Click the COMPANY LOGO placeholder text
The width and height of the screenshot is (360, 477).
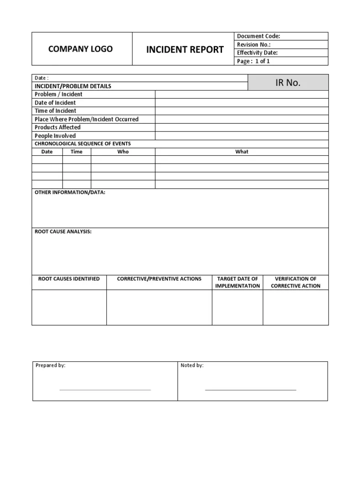click(x=80, y=49)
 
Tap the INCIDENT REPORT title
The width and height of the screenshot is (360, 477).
click(x=185, y=49)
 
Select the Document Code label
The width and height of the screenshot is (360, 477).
click(x=258, y=36)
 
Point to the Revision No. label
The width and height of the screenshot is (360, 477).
click(x=254, y=44)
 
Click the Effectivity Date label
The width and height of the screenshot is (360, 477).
click(x=257, y=53)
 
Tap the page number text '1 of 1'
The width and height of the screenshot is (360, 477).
click(x=262, y=61)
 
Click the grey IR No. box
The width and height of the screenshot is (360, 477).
click(x=288, y=83)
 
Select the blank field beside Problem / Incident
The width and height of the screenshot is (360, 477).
click(x=241, y=94)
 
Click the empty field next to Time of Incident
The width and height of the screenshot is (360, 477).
click(x=241, y=111)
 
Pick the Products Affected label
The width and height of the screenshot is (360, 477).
click(x=58, y=127)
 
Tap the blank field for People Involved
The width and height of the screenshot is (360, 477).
click(x=241, y=136)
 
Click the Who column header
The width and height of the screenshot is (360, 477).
click(x=123, y=152)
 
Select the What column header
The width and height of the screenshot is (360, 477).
click(x=242, y=152)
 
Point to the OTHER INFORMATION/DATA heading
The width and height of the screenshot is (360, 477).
click(x=70, y=192)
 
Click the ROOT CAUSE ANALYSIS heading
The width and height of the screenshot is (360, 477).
click(x=63, y=232)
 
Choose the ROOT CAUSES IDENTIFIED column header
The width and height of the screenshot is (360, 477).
click(x=69, y=279)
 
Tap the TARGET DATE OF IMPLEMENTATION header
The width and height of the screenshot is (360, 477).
click(x=238, y=282)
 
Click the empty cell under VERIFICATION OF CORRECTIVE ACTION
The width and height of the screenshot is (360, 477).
click(x=296, y=307)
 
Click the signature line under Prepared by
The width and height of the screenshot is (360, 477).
click(x=105, y=390)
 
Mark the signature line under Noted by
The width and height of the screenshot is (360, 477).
click(x=250, y=390)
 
